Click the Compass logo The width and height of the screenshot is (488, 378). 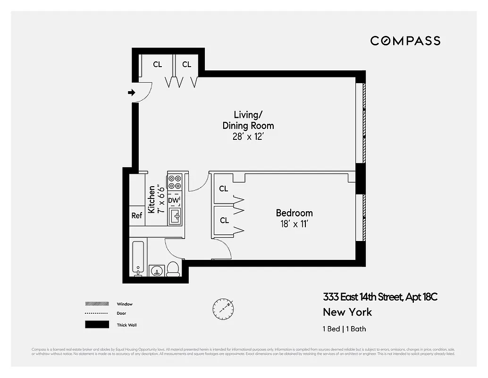tap(405, 41)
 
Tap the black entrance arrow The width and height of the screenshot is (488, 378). tap(132, 93)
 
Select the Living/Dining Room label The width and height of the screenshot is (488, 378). tap(248, 120)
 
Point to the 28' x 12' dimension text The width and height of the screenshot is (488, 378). tap(248, 137)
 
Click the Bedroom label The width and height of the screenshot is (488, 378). tap(294, 213)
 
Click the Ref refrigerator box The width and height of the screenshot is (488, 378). tap(137, 215)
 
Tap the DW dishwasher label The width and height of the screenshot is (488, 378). tap(174, 200)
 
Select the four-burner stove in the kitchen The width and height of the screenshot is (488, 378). tap(175, 182)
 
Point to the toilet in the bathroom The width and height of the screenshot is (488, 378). tap(173, 268)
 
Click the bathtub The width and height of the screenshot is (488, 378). tap(138, 259)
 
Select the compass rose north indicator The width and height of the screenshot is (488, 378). tap(222, 308)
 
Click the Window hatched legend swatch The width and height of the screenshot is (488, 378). tap(97, 304)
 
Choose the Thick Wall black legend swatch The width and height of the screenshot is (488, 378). tap(97, 325)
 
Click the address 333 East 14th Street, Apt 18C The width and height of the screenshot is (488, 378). tap(380, 297)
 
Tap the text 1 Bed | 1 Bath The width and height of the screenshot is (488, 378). tap(344, 329)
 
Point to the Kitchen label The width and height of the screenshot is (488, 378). tap(151, 199)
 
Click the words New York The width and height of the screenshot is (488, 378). tap(347, 312)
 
